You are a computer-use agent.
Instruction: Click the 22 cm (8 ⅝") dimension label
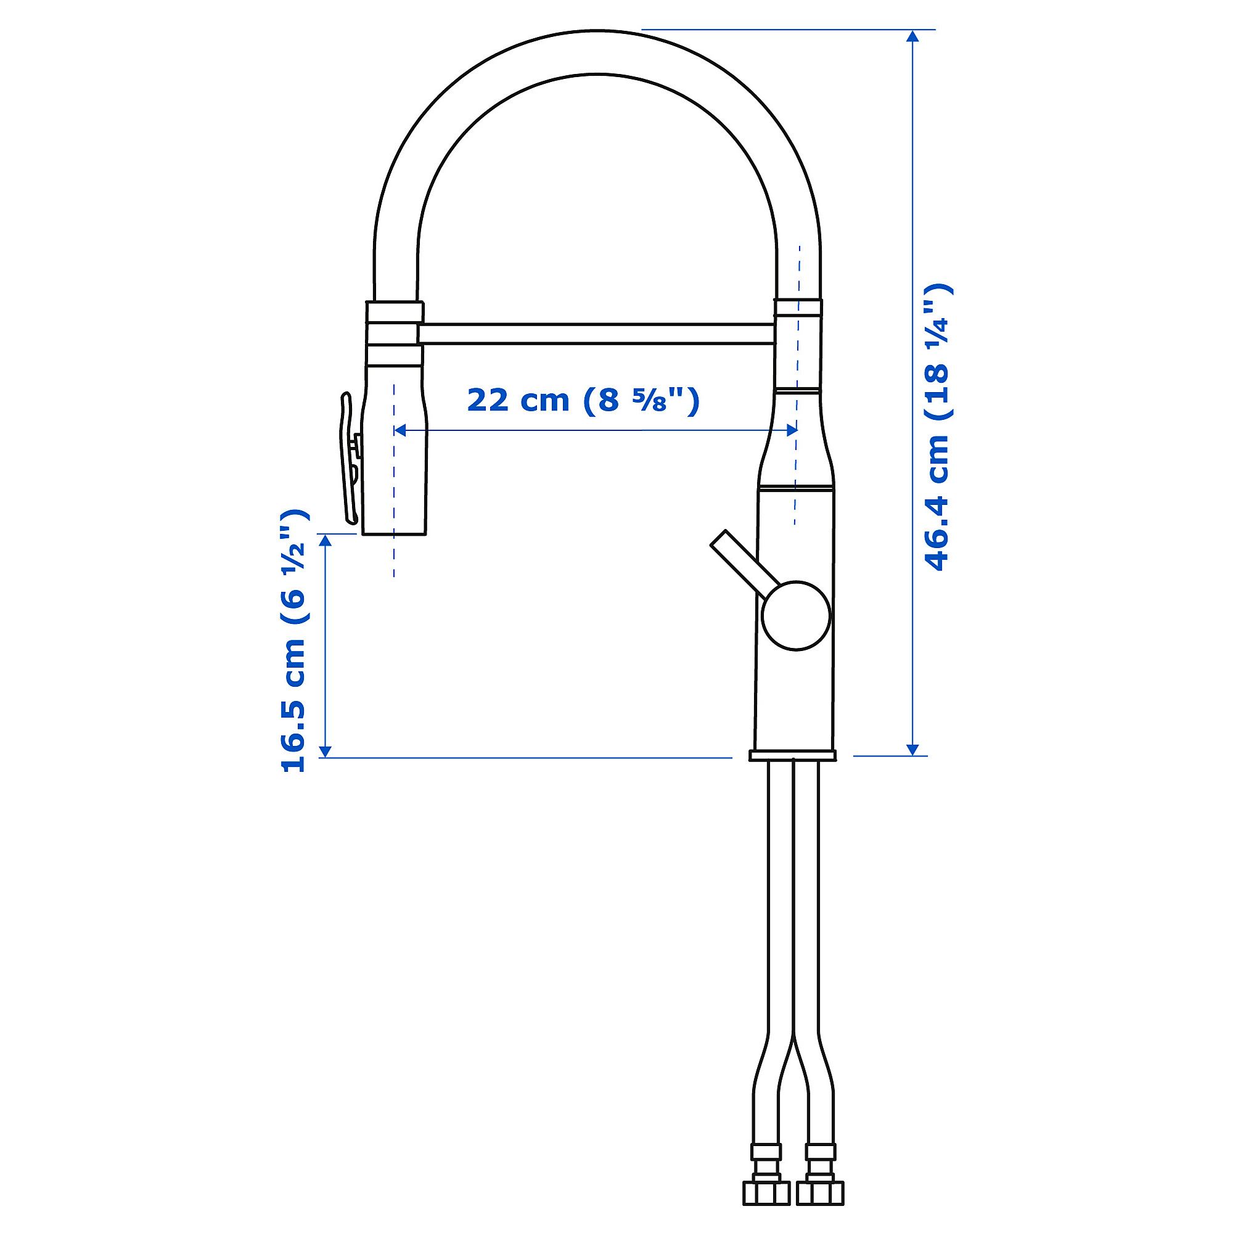(x=583, y=400)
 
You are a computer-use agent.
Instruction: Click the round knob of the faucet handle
(x=796, y=615)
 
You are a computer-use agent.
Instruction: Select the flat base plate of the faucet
(x=793, y=756)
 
